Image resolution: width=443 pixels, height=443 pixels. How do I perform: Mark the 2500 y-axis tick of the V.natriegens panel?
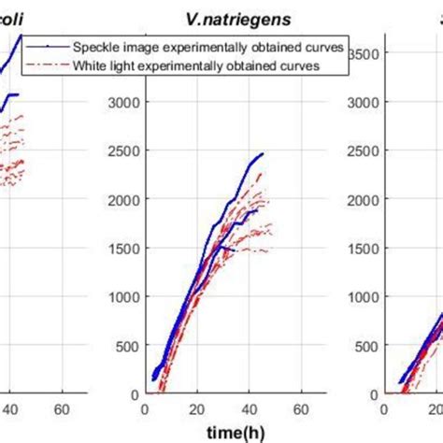pyautogui.click(x=121, y=151)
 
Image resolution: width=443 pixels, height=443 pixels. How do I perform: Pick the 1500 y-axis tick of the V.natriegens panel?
pyautogui.click(x=121, y=248)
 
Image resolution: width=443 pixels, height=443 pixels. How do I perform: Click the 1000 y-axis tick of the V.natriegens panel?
pyautogui.click(x=121, y=296)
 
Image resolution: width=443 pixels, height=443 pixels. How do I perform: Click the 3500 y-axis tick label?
pyautogui.click(x=363, y=54)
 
